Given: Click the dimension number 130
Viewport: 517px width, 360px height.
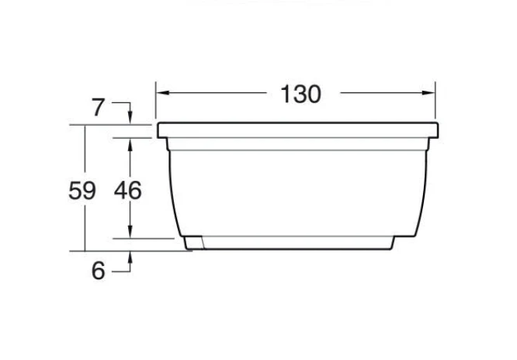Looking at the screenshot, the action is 300,95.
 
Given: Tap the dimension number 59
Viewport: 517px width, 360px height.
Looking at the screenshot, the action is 82,191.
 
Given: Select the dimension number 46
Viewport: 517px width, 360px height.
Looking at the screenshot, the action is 127,191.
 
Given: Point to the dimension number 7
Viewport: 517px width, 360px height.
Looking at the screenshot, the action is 98,108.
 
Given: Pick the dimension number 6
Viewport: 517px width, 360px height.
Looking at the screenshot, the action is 99,271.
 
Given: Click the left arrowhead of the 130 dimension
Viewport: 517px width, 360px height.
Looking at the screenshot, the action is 162,92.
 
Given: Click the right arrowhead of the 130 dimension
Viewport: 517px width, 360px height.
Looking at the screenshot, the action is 429,92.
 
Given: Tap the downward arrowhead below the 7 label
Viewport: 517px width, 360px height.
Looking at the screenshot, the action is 130,118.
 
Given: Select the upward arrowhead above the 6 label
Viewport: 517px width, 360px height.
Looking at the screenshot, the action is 130,258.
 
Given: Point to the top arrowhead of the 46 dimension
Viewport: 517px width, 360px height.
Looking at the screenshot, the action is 130,144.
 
